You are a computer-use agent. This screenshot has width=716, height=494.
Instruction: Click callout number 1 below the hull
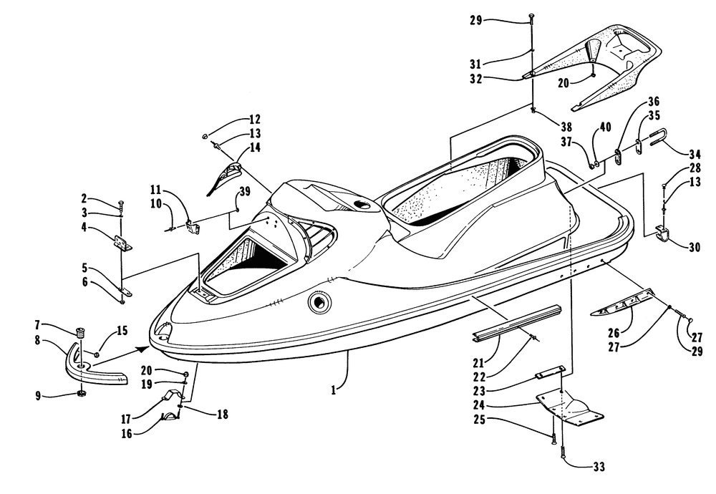pos(334,390)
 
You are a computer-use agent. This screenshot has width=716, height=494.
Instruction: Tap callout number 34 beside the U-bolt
pos(695,153)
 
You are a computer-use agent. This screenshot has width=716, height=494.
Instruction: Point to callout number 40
pos(605,127)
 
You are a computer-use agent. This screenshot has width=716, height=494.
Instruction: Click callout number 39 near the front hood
pos(245,191)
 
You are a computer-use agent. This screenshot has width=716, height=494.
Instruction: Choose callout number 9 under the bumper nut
pos(38,395)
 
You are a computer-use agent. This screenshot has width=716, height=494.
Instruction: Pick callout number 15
pos(122,330)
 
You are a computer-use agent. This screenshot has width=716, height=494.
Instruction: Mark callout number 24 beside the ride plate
pos(478,405)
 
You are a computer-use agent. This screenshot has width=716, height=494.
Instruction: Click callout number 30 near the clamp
pos(694,247)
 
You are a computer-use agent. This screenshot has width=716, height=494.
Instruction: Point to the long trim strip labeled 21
pos(517,323)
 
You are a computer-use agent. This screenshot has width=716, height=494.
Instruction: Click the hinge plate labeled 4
pos(123,243)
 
